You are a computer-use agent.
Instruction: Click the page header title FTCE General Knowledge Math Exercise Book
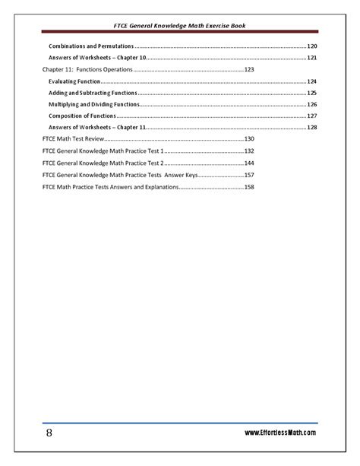(x=180, y=26)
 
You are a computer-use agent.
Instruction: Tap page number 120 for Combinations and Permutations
(x=311, y=46)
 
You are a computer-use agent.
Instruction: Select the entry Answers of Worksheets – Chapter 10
(x=96, y=58)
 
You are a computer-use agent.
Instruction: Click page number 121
(x=311, y=58)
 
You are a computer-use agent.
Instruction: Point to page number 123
(x=249, y=69)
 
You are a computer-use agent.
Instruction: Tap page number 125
(x=311, y=93)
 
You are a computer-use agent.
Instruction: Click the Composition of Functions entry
(x=81, y=116)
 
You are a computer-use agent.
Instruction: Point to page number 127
(x=311, y=116)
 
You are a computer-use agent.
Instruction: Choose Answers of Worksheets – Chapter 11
(x=96, y=128)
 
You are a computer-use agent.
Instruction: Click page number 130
(x=249, y=139)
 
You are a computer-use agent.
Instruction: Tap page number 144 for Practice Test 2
(x=249, y=163)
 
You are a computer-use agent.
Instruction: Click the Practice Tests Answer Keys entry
(x=118, y=175)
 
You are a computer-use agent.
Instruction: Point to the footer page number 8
(x=49, y=433)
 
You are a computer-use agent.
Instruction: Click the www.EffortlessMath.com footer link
(x=279, y=433)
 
